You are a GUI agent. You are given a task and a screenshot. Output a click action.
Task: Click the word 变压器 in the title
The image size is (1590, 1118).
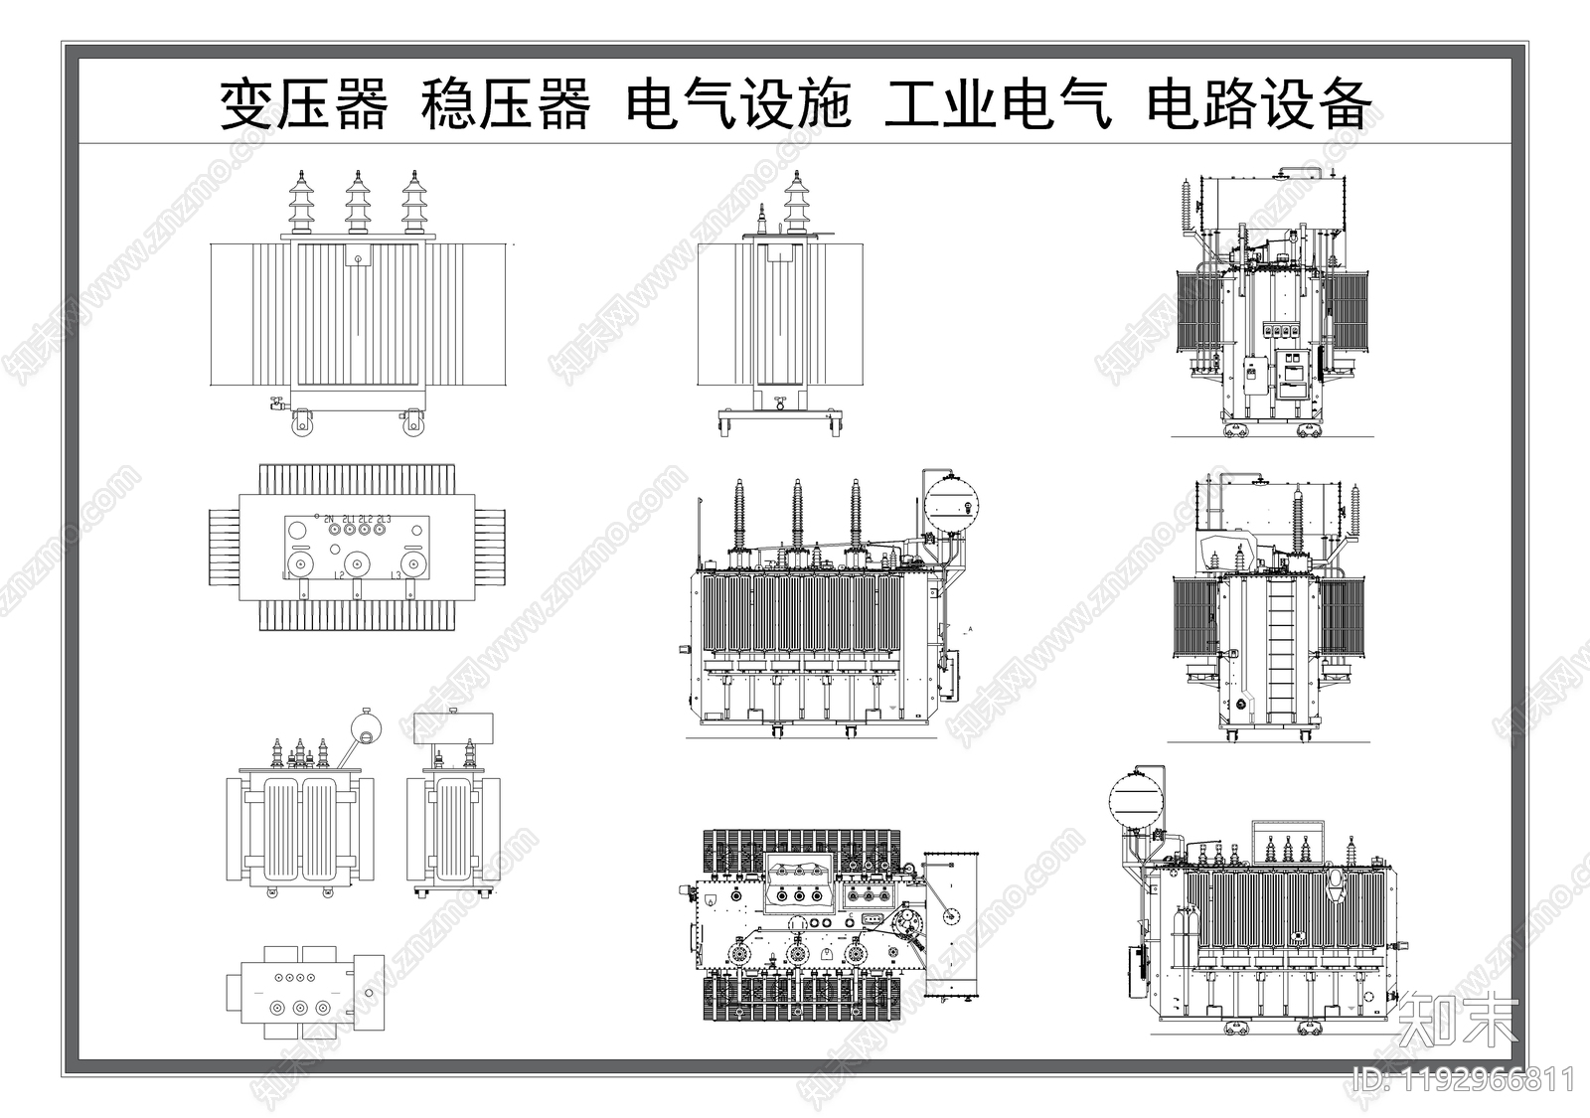[303, 104]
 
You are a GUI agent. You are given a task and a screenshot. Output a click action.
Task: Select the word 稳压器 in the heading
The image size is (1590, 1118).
[506, 104]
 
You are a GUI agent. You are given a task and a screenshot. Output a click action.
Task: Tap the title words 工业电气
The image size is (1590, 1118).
[998, 104]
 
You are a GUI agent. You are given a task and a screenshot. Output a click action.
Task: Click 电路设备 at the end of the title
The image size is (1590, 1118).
[1259, 104]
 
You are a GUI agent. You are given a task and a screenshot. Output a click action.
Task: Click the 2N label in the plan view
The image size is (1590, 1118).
[329, 519]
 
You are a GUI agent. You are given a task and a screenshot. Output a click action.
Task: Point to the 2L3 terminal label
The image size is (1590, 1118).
[384, 519]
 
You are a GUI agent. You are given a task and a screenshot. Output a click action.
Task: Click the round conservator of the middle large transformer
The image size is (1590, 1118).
[953, 504]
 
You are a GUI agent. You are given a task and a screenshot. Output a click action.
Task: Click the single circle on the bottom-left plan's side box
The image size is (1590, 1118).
[370, 992]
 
